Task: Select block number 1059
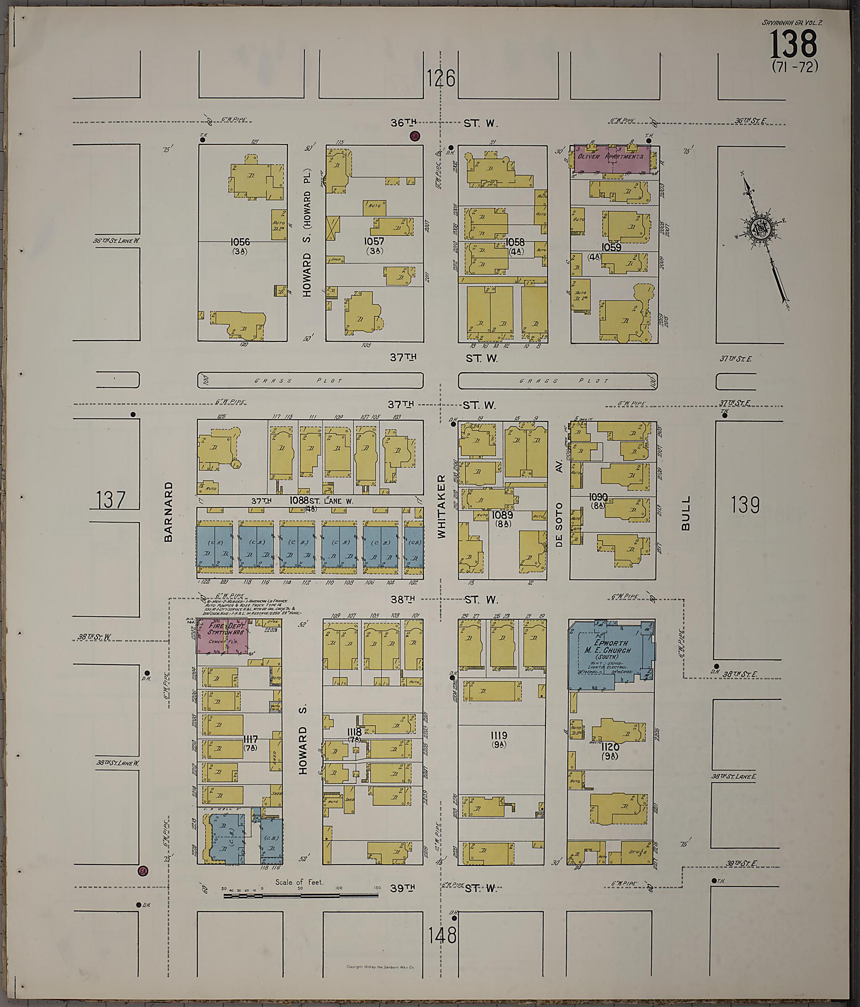click(611, 247)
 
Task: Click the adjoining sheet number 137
click(111, 499)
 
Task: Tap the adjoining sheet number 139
click(745, 505)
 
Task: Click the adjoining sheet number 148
click(443, 934)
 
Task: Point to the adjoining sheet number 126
click(441, 78)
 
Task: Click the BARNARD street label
click(168, 512)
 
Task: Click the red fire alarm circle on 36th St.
click(414, 136)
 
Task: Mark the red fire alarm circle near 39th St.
click(143, 870)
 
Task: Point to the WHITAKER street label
click(441, 506)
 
